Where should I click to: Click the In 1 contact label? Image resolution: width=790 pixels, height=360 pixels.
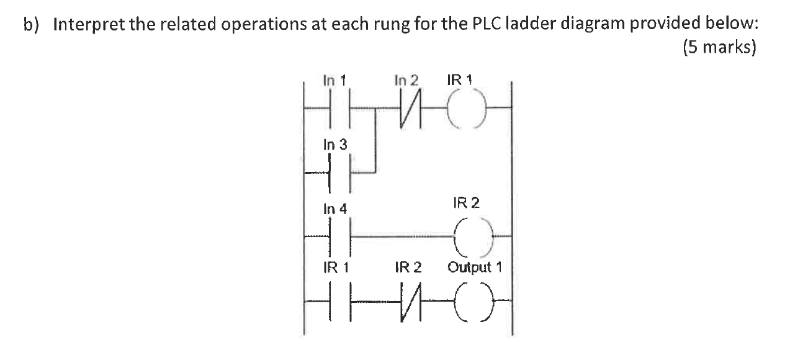point(335,80)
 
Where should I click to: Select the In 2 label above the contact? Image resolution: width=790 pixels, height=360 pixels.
point(406,80)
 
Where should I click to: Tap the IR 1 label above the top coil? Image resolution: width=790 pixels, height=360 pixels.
point(459,80)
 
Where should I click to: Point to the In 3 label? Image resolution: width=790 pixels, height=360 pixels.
point(335,145)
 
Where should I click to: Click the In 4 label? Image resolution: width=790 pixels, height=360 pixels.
point(335,209)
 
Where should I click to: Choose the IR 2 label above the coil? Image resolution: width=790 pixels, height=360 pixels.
point(466,203)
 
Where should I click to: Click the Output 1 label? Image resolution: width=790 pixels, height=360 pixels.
point(475,268)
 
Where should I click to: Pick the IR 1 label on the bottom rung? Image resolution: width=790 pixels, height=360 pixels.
point(335,268)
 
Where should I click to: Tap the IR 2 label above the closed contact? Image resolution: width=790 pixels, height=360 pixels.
point(408,268)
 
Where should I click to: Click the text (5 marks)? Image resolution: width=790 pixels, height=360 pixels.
point(719,48)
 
